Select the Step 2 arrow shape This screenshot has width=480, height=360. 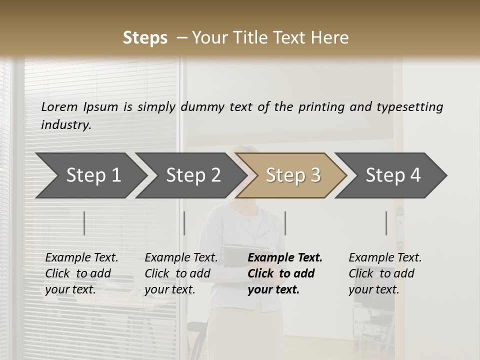pos(193,175)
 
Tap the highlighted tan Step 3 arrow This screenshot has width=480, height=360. pos(293,175)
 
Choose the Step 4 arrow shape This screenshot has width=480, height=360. pos(393,175)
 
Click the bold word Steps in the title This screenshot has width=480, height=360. pos(145,38)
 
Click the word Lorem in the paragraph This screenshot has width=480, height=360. pos(59,106)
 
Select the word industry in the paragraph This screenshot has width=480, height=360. pos(65,124)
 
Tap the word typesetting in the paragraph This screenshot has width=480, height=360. pos(409,106)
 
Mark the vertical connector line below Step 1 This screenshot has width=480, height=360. pos(84,223)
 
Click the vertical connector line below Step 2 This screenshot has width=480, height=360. pos(184,223)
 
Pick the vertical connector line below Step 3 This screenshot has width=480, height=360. pos(285,223)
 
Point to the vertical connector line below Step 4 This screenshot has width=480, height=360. pos(386,223)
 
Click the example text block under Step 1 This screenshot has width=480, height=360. pos(81,273)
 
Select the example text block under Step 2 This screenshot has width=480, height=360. pos(181,273)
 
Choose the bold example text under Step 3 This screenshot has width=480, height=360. pos(285,273)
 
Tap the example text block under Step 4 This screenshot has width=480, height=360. pos(385,273)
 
